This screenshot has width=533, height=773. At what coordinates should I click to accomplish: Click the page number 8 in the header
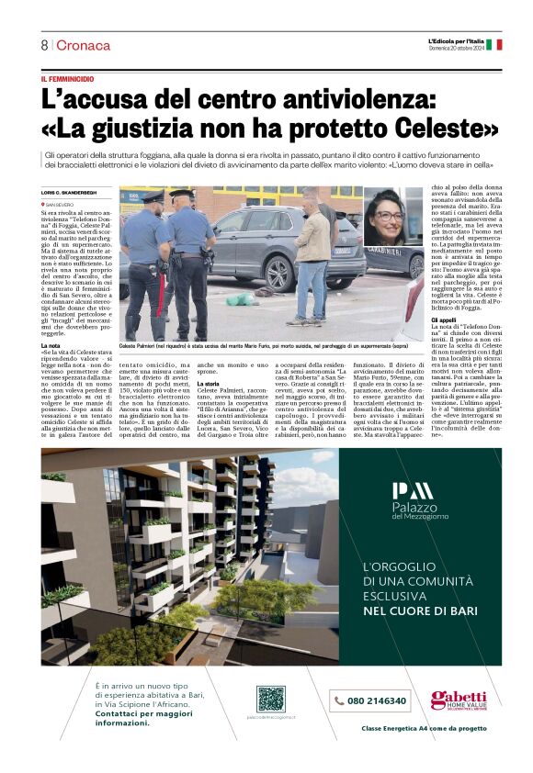pos(44,45)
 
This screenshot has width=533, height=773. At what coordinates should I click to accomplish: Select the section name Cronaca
pos(84,45)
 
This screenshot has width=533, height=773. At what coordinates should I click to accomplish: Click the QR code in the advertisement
pos(270,699)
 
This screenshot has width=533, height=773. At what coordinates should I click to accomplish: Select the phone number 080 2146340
pos(370,700)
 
